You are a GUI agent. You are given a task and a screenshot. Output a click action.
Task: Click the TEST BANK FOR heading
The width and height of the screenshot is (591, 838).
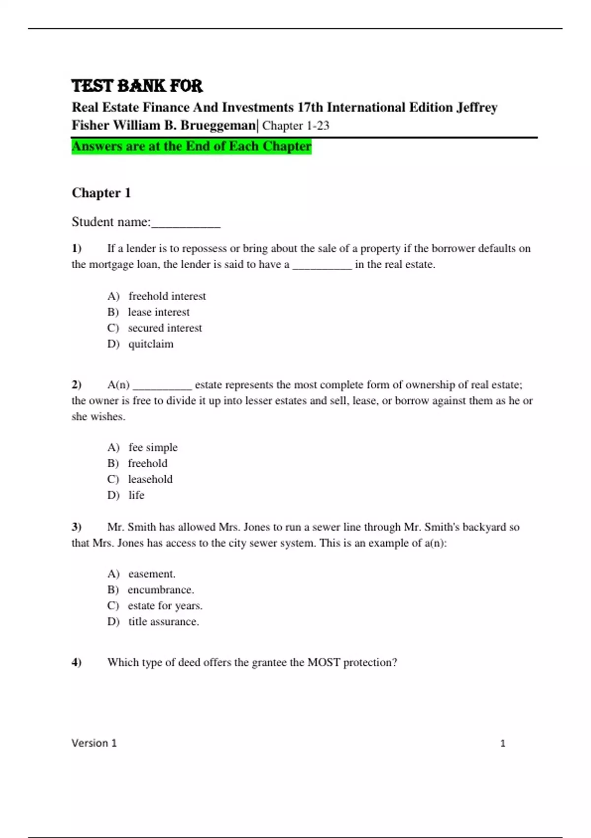pos(137,86)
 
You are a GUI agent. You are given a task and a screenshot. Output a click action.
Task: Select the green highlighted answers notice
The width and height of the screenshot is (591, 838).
pos(192,146)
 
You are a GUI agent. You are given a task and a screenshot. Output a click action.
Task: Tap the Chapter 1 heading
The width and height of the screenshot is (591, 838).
pos(101,193)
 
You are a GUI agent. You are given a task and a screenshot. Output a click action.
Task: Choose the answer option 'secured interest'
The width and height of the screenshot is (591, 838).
pos(164,328)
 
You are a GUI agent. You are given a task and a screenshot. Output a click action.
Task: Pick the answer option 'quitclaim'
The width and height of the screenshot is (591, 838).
pos(151,344)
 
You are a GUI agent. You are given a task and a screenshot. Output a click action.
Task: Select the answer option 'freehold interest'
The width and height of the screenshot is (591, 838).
pos(167,296)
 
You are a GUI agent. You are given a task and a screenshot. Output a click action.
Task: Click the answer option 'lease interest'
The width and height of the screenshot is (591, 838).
pos(159,312)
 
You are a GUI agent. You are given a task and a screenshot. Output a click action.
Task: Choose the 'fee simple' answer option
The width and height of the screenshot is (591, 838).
pos(153,448)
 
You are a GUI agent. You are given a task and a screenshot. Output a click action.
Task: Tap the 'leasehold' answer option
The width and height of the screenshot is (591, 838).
pos(150,479)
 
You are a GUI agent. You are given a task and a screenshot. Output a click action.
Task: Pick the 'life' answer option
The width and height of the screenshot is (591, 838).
pos(136,495)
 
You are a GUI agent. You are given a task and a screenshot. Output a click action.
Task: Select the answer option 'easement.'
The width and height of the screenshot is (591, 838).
pos(152,574)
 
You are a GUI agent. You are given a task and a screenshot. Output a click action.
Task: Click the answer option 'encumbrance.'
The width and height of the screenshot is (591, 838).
pos(161,590)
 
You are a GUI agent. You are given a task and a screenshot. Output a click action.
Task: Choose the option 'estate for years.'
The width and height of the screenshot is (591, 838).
pos(165,606)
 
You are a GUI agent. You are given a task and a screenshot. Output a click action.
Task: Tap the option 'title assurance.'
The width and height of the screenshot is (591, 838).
pos(164,622)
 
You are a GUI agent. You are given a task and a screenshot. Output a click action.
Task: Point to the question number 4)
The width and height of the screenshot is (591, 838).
pos(76,663)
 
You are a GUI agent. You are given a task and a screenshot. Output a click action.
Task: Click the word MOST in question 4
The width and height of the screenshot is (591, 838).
pos(324,663)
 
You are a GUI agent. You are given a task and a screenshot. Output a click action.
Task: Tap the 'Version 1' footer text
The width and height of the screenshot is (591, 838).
pos(94,743)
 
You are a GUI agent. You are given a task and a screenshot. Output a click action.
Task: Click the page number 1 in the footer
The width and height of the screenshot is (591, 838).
pos(503,743)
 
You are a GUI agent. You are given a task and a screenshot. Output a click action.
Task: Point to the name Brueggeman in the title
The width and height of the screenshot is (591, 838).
pos(218,126)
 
